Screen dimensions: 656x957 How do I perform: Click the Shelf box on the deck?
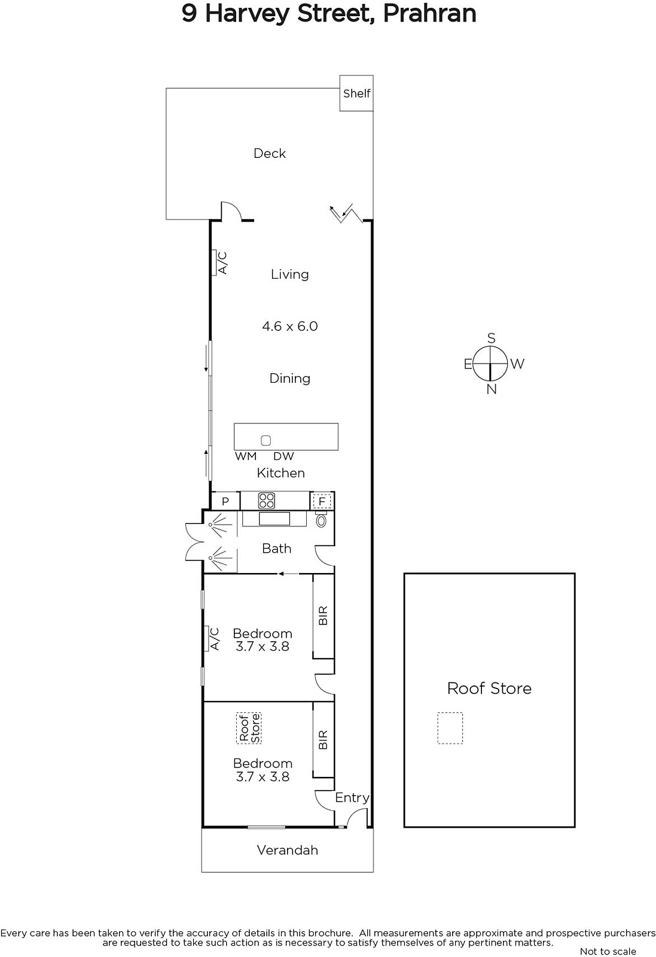click(356, 93)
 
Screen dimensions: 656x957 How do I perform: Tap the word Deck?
click(270, 153)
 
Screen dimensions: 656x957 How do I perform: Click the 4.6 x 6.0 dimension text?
click(290, 327)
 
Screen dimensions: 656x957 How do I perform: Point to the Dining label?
click(290, 379)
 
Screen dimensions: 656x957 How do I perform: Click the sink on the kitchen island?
click(266, 440)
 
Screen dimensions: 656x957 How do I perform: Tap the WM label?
click(246, 457)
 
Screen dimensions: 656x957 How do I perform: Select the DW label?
click(283, 457)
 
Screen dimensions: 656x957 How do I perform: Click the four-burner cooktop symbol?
click(267, 501)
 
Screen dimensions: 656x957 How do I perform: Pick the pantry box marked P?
click(225, 501)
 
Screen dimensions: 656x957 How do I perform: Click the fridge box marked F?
click(322, 501)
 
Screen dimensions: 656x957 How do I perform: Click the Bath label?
click(277, 548)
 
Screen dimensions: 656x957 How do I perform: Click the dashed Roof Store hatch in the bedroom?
click(249, 728)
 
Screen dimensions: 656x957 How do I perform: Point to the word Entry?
click(352, 798)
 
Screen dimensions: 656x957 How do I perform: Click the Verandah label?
click(288, 850)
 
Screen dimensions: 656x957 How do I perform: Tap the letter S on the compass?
click(491, 339)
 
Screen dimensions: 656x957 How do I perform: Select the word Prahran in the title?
click(429, 13)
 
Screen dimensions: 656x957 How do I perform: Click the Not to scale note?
click(608, 952)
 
